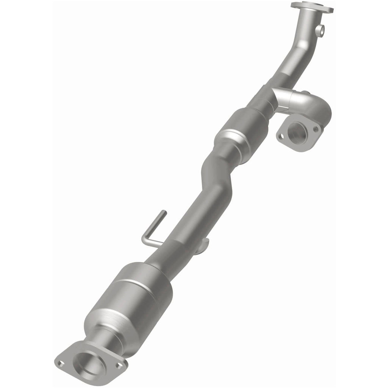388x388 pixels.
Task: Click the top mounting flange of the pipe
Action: click(x=312, y=7)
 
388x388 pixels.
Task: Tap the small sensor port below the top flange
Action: click(x=321, y=31)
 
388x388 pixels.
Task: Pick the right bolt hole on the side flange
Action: click(x=315, y=129)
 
